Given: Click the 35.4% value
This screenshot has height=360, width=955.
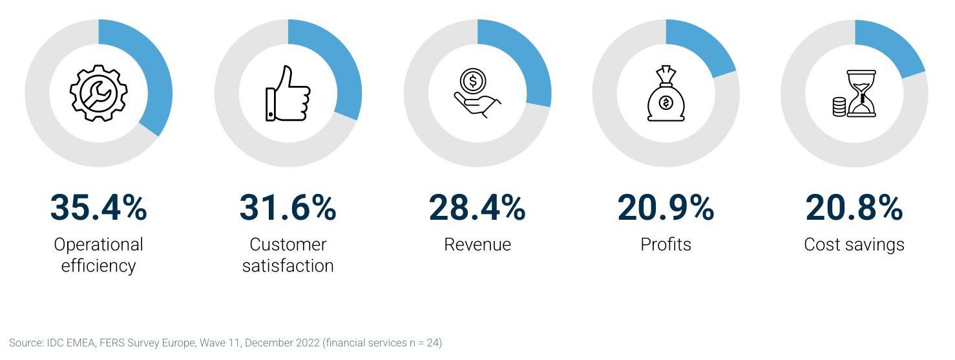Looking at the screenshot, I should point(98,207).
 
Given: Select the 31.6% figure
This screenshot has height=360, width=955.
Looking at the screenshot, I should point(288,207).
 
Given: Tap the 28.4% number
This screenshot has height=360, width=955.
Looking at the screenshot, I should point(477,207).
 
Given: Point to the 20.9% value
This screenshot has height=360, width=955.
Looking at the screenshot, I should point(666,207).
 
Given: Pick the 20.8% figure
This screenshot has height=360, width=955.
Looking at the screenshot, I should point(854,207).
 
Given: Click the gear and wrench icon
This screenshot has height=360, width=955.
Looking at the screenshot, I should point(98,94).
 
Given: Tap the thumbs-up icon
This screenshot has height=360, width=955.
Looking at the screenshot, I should point(288,94).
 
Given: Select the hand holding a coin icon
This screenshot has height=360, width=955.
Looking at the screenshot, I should point(477,94).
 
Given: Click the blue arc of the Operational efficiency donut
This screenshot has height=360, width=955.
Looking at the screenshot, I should point(156,71).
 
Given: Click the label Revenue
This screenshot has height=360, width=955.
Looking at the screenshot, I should point(477,244).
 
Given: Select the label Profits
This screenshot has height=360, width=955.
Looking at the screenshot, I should point(666,244).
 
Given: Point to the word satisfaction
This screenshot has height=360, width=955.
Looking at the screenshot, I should point(288,266).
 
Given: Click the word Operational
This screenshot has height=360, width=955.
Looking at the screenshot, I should point(98,244).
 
